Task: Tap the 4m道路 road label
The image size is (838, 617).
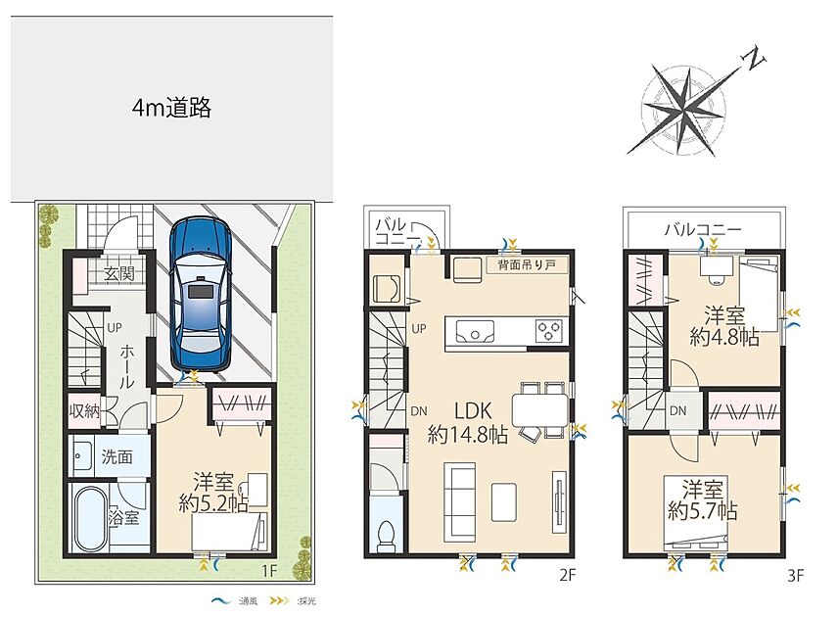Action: tap(171, 108)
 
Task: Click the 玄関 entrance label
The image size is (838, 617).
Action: tap(119, 274)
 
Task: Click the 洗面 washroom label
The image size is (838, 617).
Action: tap(117, 456)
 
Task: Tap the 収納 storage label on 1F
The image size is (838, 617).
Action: tap(84, 410)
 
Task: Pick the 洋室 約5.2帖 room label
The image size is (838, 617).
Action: tap(213, 493)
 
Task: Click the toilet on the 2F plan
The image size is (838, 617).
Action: tap(386, 535)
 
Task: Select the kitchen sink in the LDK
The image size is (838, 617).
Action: tap(476, 331)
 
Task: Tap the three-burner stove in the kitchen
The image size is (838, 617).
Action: tap(549, 329)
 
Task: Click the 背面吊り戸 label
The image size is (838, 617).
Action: tap(527, 264)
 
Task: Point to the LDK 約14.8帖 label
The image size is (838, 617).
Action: tap(468, 423)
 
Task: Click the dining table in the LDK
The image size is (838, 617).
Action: tap(539, 409)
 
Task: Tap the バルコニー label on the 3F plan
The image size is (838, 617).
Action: tap(703, 230)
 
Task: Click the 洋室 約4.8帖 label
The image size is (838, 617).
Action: tap(724, 326)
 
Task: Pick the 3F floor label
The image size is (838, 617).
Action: tap(796, 575)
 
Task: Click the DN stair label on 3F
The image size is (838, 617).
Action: tap(677, 411)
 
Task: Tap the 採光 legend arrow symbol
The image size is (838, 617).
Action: tap(279, 601)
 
